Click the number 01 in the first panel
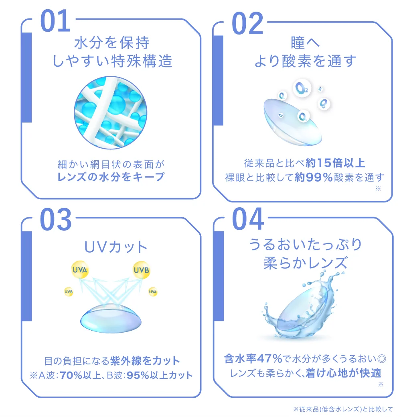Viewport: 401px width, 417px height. click(56, 22)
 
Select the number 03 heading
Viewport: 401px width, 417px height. click(56, 220)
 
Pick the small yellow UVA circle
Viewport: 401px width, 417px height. click(153, 291)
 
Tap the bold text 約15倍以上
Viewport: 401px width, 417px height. click(335, 163)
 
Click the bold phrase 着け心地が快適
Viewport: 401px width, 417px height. click(342, 373)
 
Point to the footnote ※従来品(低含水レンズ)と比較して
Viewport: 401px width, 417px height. click(343, 409)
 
